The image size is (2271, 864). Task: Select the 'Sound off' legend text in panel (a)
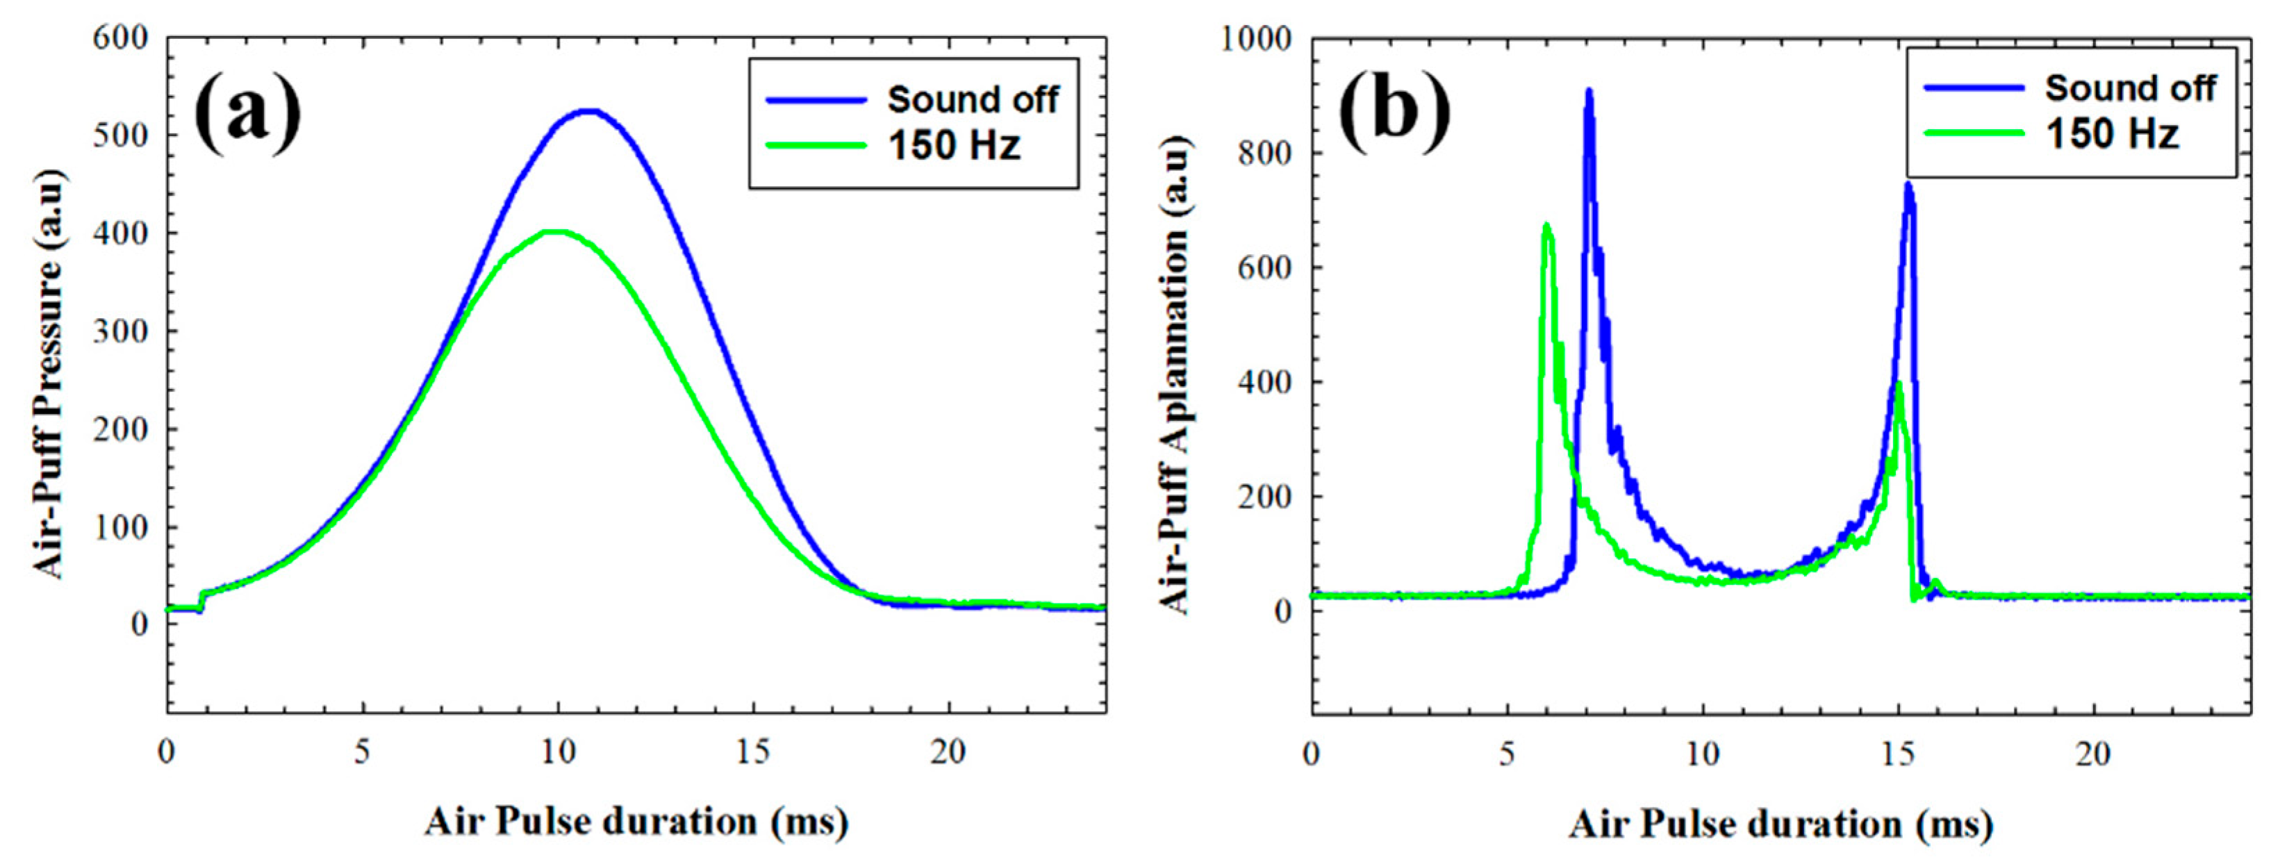[973, 99]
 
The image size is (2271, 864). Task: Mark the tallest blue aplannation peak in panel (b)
[1589, 91]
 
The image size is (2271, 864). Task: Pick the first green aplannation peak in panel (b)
[1546, 226]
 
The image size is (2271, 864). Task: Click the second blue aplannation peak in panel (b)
[1901, 184]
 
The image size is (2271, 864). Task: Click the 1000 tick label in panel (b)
[1255, 39]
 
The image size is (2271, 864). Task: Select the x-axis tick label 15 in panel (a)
[753, 752]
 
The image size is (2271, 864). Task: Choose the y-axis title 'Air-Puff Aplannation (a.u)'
[1173, 373]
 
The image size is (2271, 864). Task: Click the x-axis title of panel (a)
[636, 822]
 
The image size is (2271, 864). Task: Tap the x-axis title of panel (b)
[1781, 824]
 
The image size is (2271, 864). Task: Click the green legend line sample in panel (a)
[816, 145]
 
